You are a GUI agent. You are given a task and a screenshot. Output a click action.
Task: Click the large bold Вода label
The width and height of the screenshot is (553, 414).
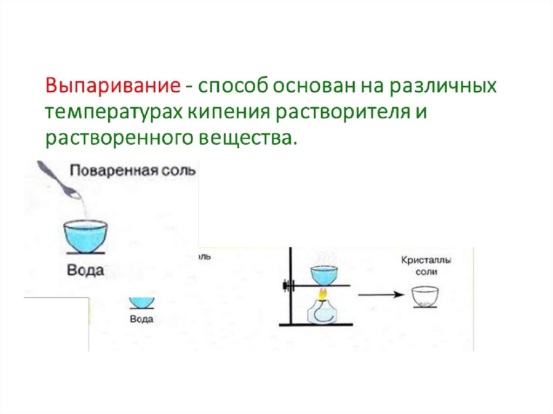click(85, 270)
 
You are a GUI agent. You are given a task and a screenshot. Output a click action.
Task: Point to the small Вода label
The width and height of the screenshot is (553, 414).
click(141, 319)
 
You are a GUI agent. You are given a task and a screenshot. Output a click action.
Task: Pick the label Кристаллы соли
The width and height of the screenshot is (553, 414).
click(426, 266)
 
